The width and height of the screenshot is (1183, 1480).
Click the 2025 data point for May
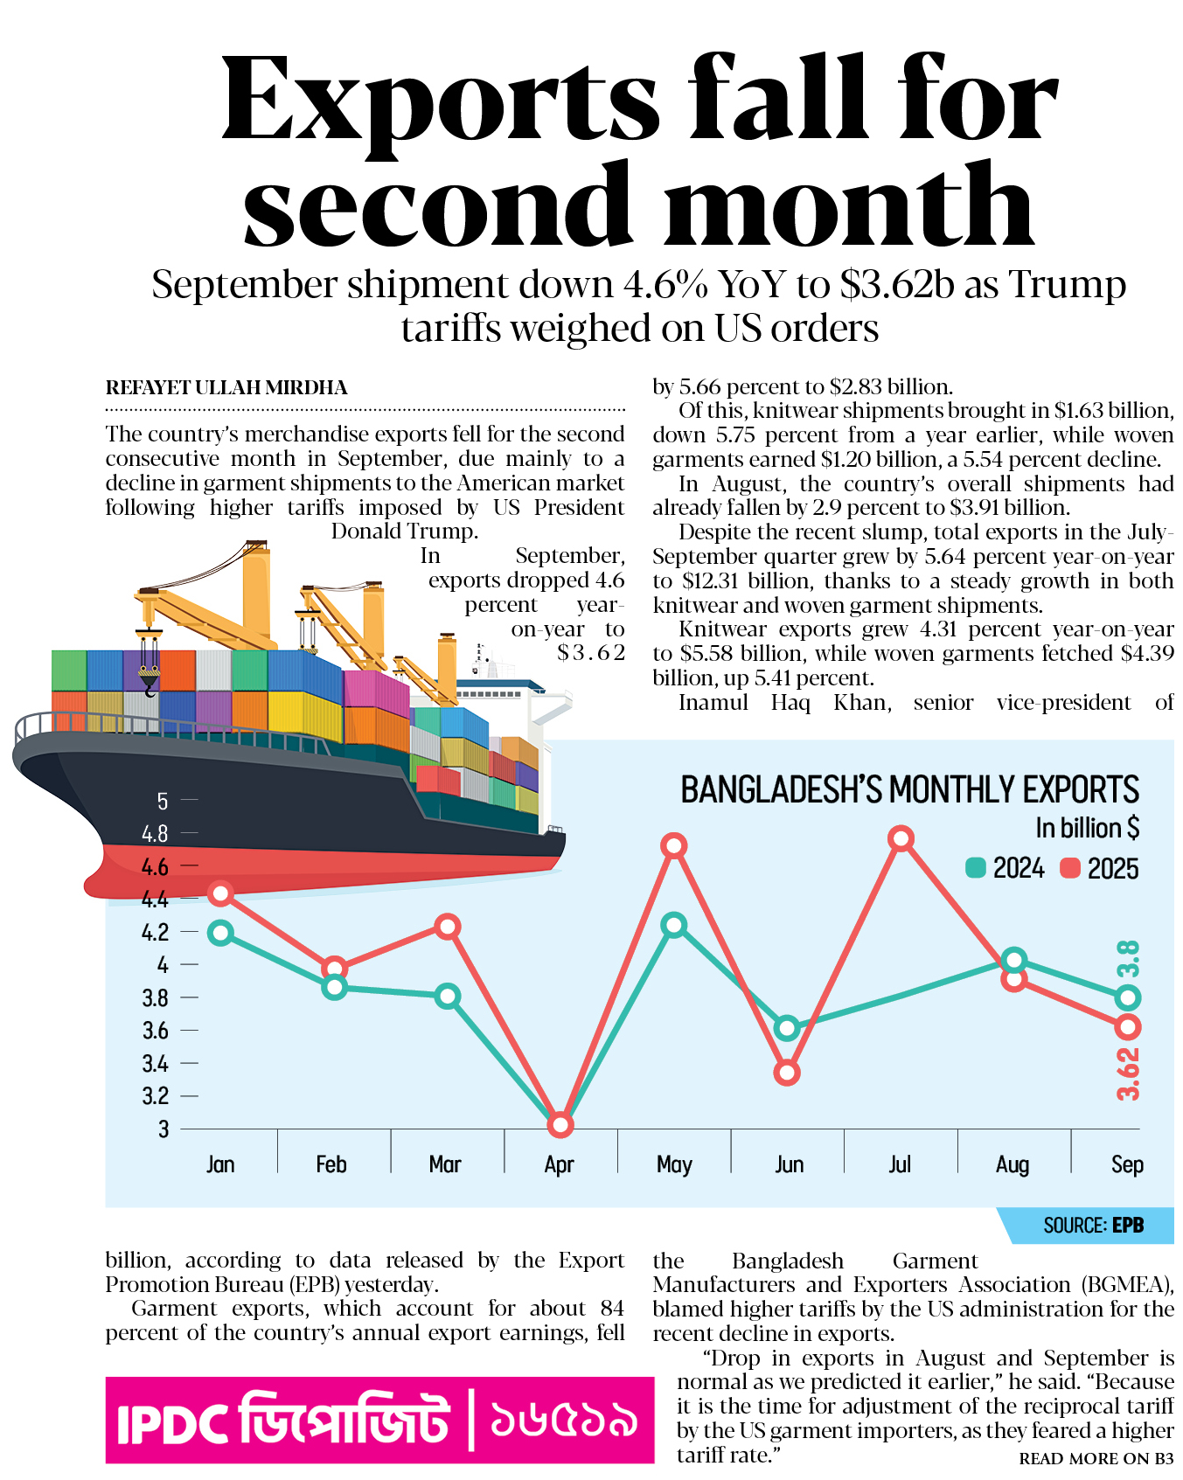(x=673, y=845)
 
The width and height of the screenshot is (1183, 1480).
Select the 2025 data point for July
(x=901, y=838)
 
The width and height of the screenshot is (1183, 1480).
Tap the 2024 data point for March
(x=448, y=996)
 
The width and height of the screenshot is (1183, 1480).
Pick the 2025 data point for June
(x=787, y=1073)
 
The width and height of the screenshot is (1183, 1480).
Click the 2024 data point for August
(x=1013, y=960)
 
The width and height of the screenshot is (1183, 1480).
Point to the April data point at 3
(x=560, y=1124)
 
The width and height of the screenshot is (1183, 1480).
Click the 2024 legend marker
(x=976, y=868)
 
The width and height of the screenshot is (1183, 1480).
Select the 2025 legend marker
(x=1070, y=868)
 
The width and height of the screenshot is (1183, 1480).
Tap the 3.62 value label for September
(x=1129, y=1073)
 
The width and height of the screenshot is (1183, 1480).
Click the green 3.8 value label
(x=1129, y=959)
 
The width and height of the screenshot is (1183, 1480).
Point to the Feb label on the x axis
(x=331, y=1164)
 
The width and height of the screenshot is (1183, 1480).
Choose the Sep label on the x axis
(x=1127, y=1164)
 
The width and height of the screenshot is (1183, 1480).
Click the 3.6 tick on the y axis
(x=156, y=1031)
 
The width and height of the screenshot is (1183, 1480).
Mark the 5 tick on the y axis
(x=163, y=801)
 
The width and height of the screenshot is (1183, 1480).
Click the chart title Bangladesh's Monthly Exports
(x=909, y=790)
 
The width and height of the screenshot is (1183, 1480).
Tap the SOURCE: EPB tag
(x=1093, y=1226)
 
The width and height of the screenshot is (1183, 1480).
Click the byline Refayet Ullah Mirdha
(x=226, y=388)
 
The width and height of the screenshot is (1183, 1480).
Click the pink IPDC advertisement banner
(x=379, y=1420)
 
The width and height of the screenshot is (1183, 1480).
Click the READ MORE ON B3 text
(x=1096, y=1458)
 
